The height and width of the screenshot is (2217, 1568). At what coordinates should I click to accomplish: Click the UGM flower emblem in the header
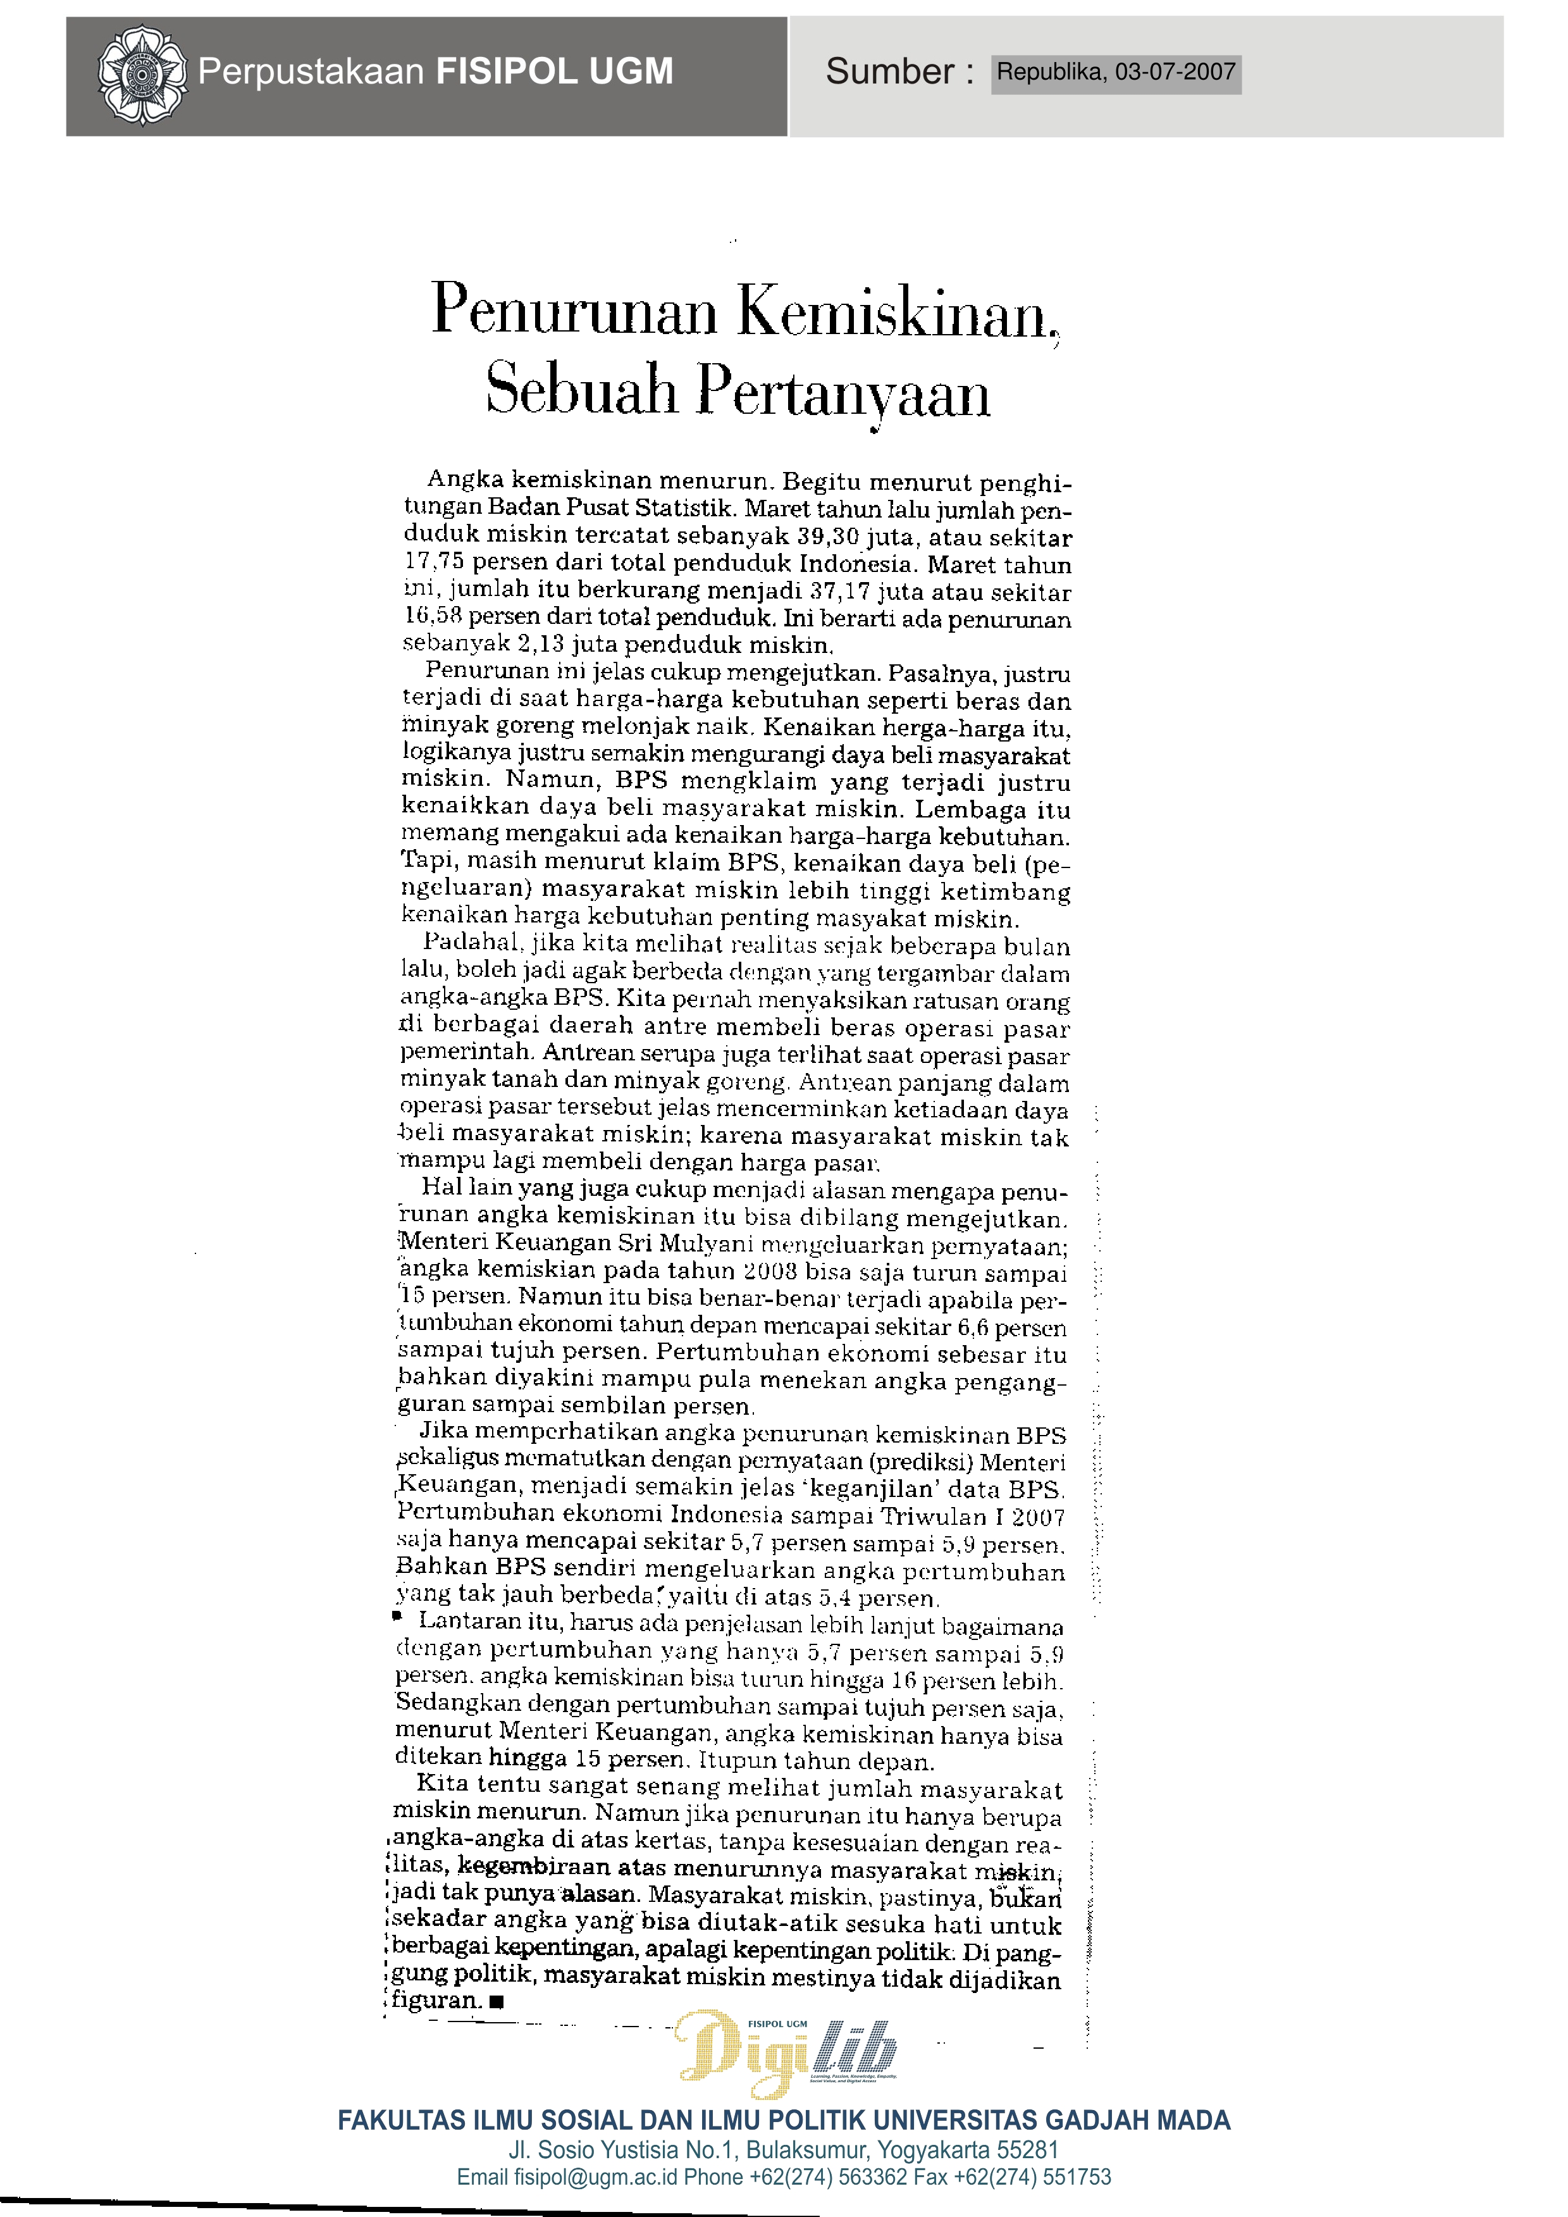(x=142, y=75)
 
